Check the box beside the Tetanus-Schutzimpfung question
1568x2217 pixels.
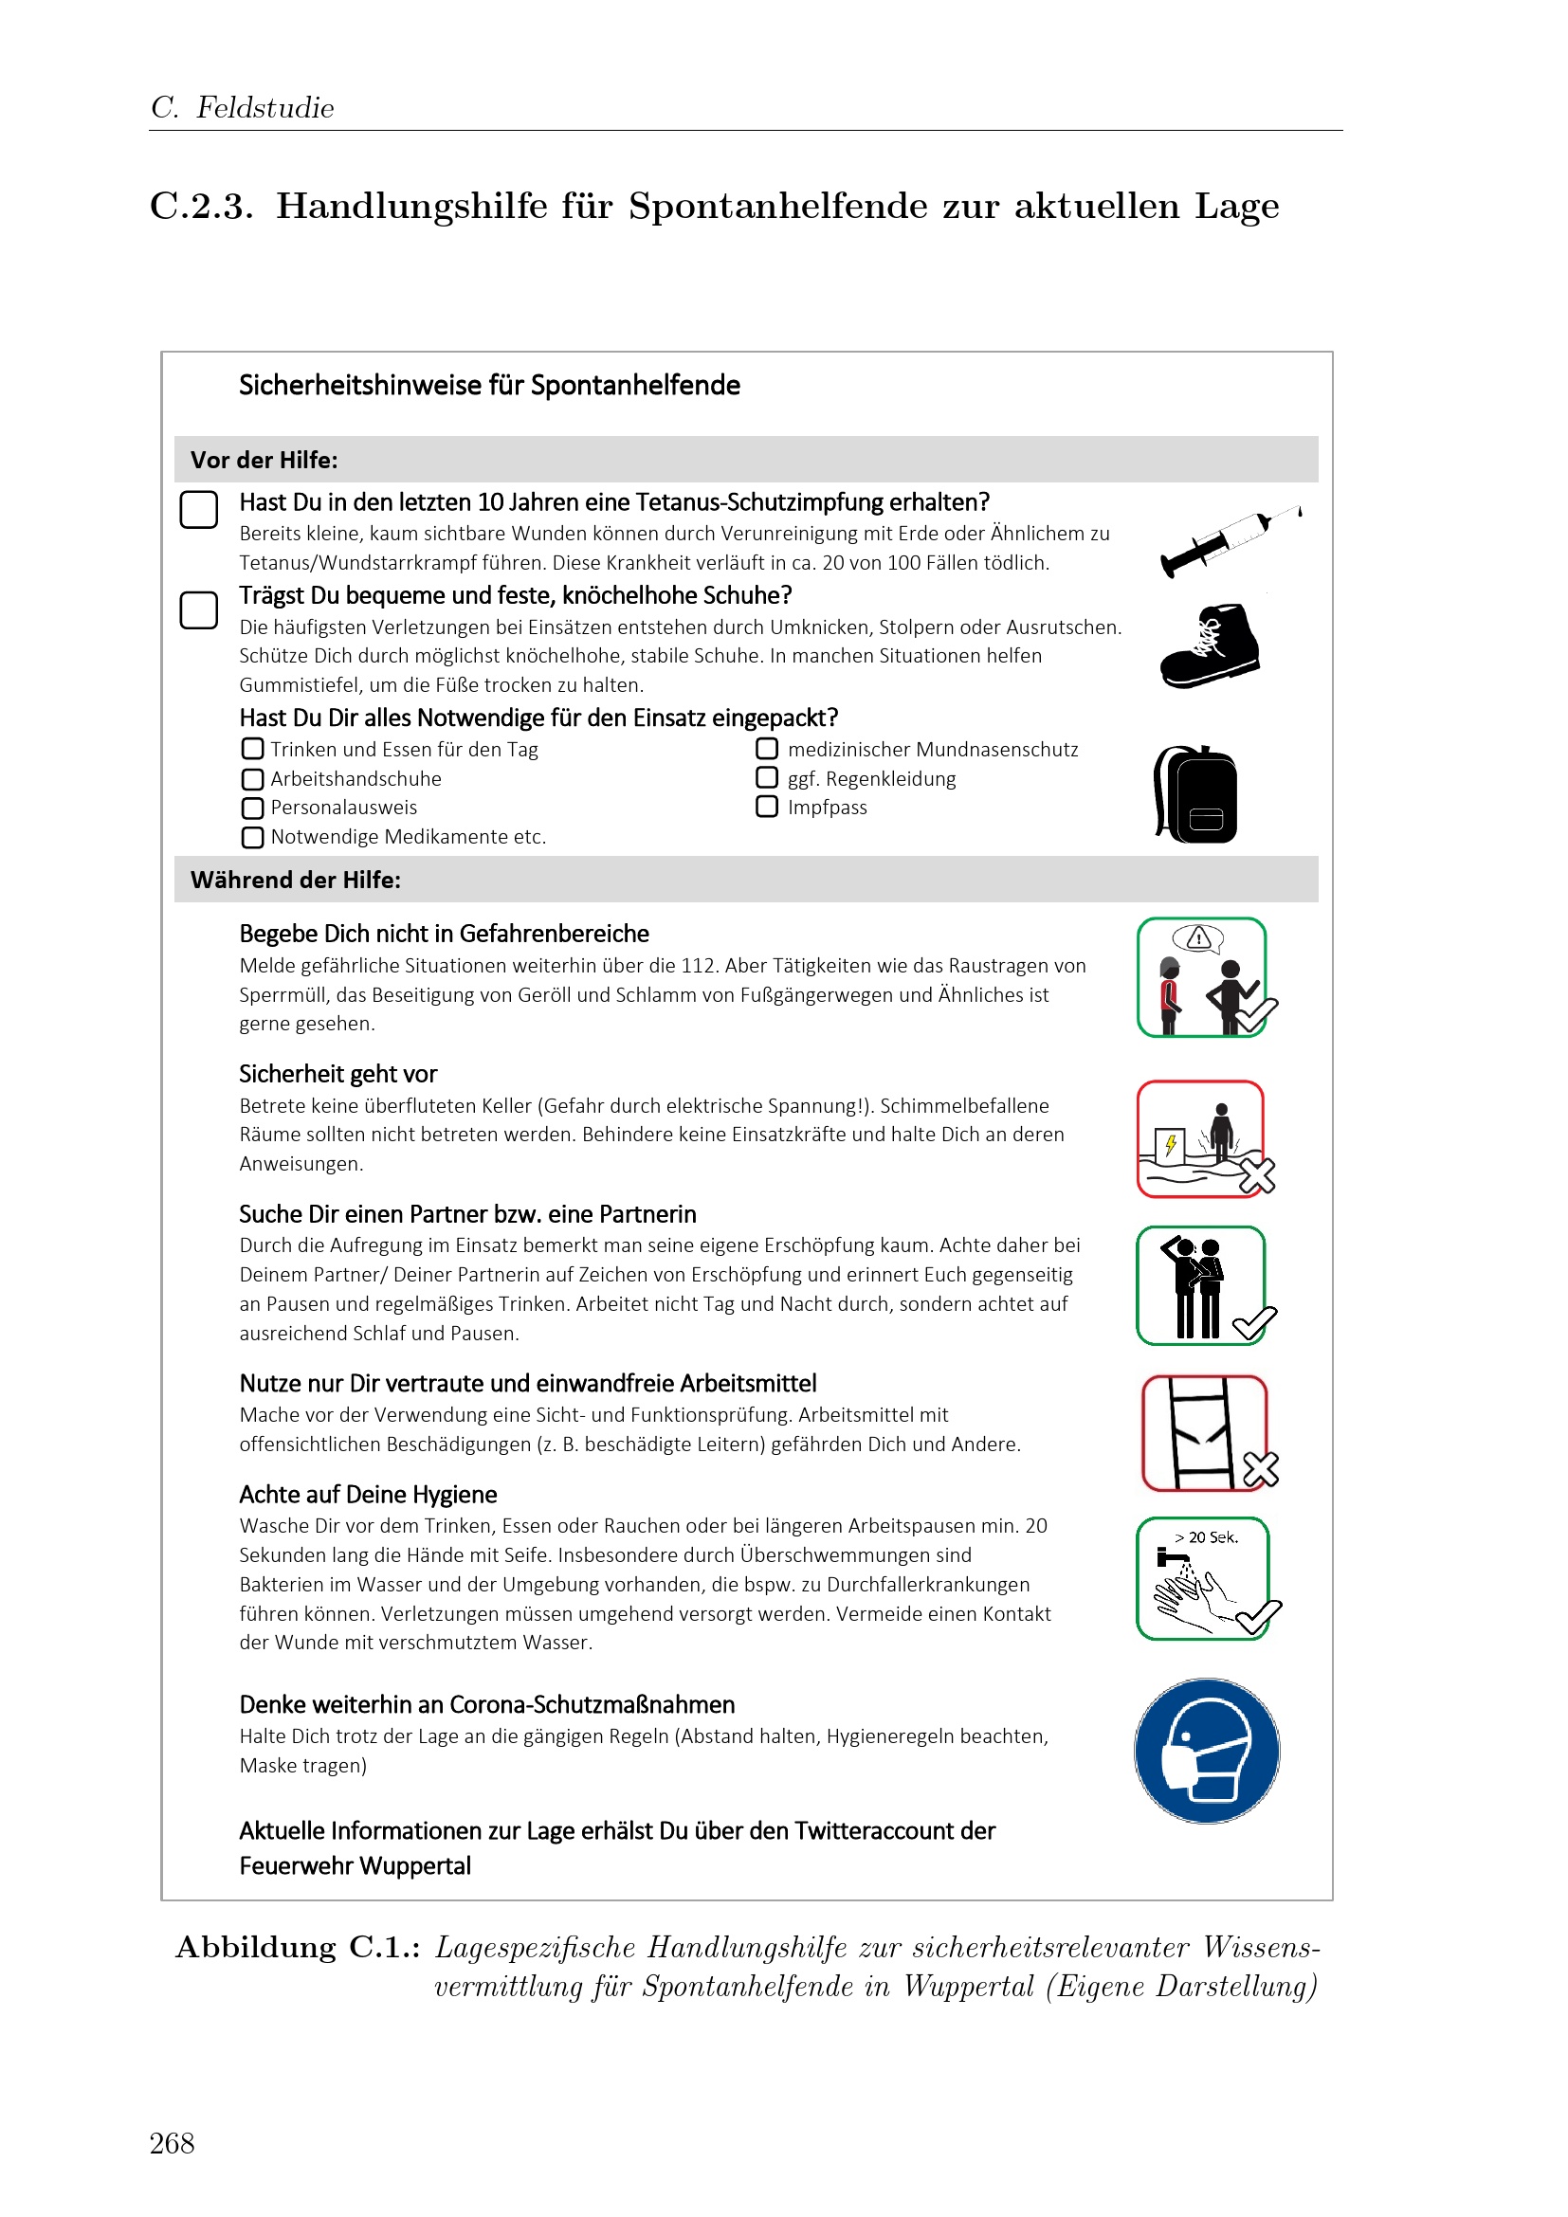pyautogui.click(x=199, y=509)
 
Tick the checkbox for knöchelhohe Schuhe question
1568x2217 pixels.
pyautogui.click(x=199, y=610)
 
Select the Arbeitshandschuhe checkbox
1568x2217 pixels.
pyautogui.click(x=252, y=779)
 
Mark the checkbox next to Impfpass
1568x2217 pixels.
pyautogui.click(x=767, y=807)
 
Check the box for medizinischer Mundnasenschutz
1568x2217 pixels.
pyautogui.click(x=767, y=749)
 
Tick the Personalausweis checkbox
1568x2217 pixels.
pyautogui.click(x=252, y=809)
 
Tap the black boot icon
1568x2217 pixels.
pyautogui.click(x=1210, y=646)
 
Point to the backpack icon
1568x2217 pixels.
pyautogui.click(x=1195, y=793)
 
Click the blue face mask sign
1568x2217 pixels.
pyautogui.click(x=1207, y=1751)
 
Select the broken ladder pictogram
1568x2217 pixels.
pyautogui.click(x=1208, y=1433)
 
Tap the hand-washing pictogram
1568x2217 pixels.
pyautogui.click(x=1207, y=1579)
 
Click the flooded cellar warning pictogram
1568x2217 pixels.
pyautogui.click(x=1205, y=1139)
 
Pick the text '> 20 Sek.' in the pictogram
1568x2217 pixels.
pyautogui.click(x=1206, y=1537)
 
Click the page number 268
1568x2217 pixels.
pyautogui.click(x=172, y=2144)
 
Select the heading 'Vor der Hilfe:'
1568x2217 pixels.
pyautogui.click(x=264, y=461)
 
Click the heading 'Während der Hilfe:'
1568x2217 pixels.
pyautogui.click(x=296, y=880)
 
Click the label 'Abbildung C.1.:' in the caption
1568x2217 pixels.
pyautogui.click(x=298, y=1948)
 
